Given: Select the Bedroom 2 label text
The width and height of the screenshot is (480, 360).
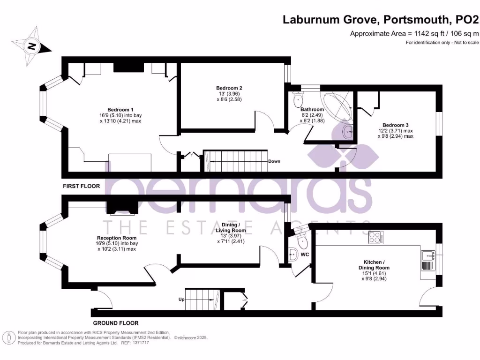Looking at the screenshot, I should point(229,88).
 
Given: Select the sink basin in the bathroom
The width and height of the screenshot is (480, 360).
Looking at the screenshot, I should point(348,132).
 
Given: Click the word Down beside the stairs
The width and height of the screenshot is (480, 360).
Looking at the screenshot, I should point(274,161).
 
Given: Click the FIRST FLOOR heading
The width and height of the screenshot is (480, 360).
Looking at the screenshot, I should point(82,186).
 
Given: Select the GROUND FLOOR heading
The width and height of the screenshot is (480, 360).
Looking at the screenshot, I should point(115,323).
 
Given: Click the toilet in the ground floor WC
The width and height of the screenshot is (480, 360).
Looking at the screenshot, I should point(301,241).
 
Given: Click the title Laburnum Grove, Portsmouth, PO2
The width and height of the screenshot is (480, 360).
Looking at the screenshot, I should point(381,20).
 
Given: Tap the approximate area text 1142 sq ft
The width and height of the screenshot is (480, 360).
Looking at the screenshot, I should point(414,33).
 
